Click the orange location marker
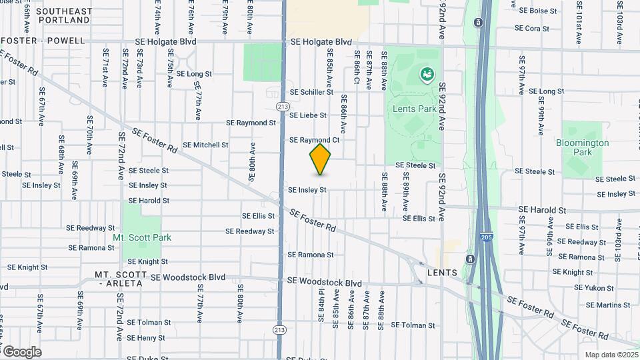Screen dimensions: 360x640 pos(321,159)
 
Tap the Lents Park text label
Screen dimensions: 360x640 pos(417,109)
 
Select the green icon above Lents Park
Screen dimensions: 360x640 pos(425,75)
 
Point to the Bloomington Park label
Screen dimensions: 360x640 pos(582,147)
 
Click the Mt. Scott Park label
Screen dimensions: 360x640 pos(142,237)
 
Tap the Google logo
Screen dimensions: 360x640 pos(22,352)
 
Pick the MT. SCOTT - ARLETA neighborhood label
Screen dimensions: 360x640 pos(119,279)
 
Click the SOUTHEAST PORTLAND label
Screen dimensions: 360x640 pos(64,16)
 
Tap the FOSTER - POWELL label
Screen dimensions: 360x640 pos(44,41)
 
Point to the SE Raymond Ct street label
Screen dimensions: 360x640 pos(314,140)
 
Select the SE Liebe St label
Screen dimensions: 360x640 pos(307,115)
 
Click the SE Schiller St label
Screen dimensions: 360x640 pos(311,92)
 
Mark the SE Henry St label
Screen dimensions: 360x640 pos(145,338)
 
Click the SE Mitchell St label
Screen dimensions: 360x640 pos(205,145)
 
